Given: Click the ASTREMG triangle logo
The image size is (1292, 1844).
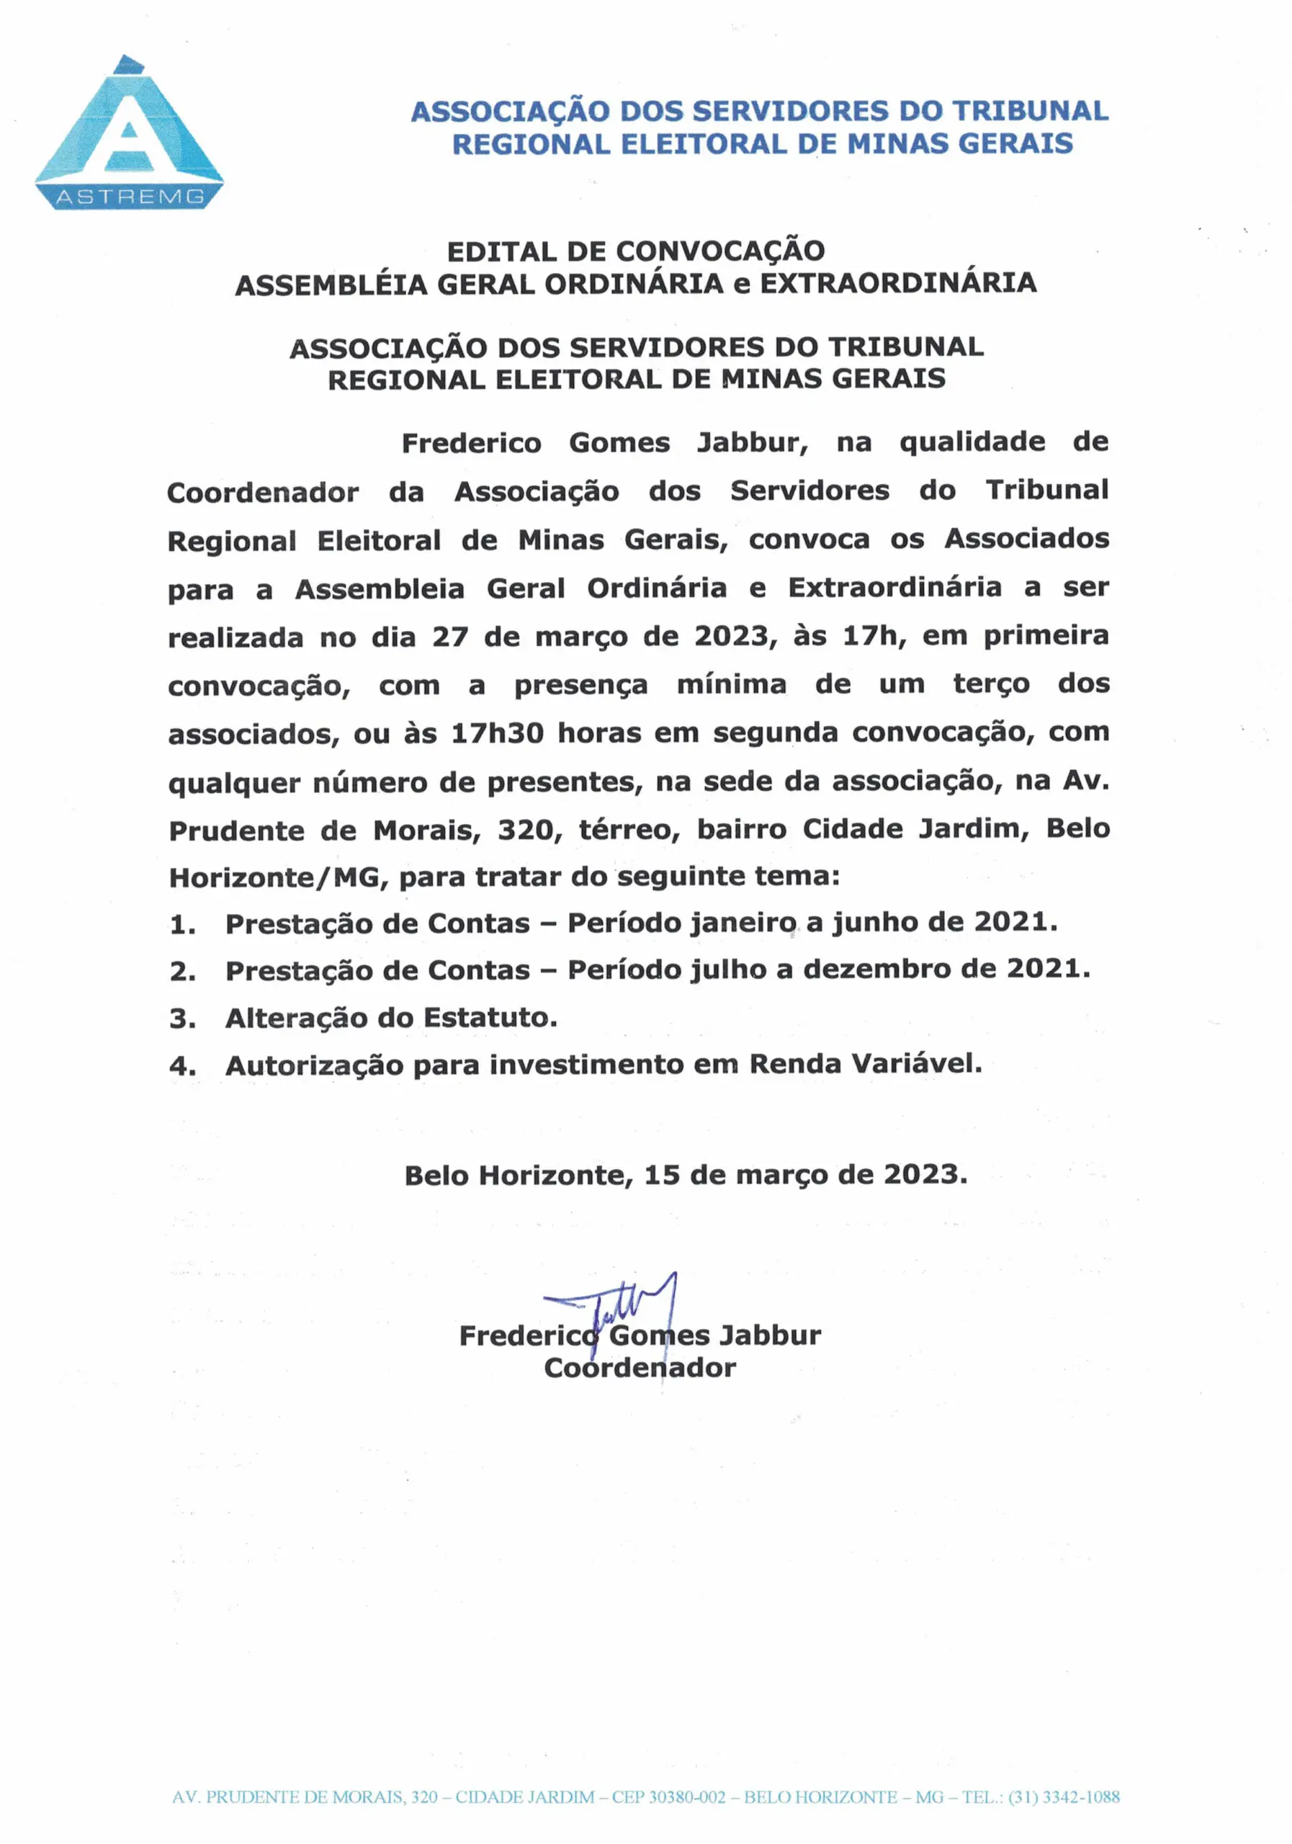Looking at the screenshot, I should (128, 133).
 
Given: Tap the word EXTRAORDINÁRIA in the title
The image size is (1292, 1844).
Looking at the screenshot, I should (898, 284).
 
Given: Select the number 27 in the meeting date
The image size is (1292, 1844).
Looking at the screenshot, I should (449, 637).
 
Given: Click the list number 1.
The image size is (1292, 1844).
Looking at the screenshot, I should (181, 925).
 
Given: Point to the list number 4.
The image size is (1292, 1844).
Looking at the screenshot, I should (181, 1067).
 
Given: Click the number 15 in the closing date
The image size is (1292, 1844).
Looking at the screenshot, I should (662, 1175).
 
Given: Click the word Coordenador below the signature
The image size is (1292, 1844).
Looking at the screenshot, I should (640, 1368).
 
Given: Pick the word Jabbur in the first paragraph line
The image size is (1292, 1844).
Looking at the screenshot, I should (752, 442).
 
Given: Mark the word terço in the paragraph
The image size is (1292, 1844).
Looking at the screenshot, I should (991, 684).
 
